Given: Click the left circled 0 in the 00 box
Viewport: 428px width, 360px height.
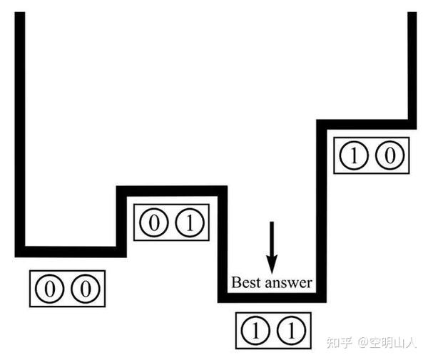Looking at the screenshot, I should click(x=51, y=289).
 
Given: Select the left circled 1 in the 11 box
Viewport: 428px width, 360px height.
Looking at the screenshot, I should click(x=255, y=330).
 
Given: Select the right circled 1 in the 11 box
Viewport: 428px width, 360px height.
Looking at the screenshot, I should click(x=290, y=330).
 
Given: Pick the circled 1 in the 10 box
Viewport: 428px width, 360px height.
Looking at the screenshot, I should click(x=354, y=155).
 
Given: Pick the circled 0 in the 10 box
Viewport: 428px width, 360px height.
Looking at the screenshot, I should click(x=389, y=155).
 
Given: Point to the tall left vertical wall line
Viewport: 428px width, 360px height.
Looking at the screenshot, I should click(x=20, y=128).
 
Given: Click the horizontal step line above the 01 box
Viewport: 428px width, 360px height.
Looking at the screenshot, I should click(x=171, y=190).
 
